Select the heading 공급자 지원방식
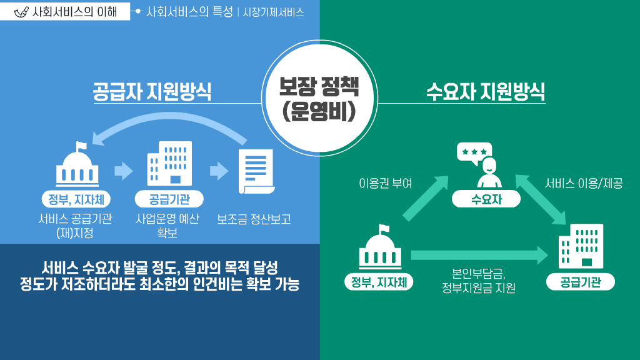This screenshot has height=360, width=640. pyautogui.click(x=151, y=92)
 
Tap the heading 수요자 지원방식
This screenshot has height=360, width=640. pyautogui.click(x=485, y=92)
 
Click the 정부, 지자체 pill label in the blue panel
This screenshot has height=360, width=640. pyautogui.click(x=76, y=199)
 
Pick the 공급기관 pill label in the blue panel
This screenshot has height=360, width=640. pyautogui.click(x=169, y=199)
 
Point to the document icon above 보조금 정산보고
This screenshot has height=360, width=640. pyautogui.click(x=256, y=171)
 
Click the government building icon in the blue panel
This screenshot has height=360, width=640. pyautogui.click(x=78, y=166)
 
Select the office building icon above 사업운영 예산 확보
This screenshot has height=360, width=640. pyautogui.click(x=169, y=164)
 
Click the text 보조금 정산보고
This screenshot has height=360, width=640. pyautogui.click(x=254, y=220)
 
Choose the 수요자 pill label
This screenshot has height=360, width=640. pyautogui.click(x=486, y=199)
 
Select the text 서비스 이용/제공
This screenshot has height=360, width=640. pyautogui.click(x=583, y=184)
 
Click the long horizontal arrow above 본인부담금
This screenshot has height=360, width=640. pyautogui.click(x=479, y=255)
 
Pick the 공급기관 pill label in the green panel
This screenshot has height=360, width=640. pyautogui.click(x=581, y=282)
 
